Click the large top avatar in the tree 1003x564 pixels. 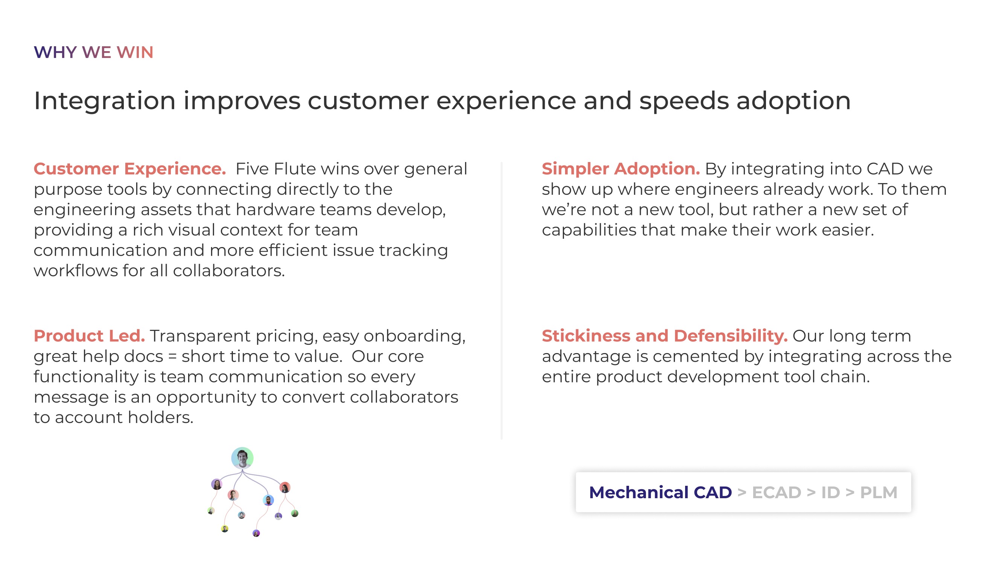click(x=242, y=458)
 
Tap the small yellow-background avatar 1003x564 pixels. click(x=225, y=528)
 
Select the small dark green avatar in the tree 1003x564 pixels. click(x=295, y=513)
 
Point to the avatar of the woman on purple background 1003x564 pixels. click(x=217, y=484)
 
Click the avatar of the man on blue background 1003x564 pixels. click(x=268, y=500)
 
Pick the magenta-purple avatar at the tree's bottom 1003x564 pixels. click(x=256, y=533)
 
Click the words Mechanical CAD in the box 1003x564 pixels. click(x=660, y=493)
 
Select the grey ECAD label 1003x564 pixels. click(x=777, y=493)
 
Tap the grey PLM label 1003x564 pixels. click(x=878, y=493)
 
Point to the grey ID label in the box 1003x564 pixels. click(x=831, y=493)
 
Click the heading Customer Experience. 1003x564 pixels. click(x=130, y=169)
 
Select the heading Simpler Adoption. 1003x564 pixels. click(x=621, y=169)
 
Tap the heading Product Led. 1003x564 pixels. click(x=89, y=335)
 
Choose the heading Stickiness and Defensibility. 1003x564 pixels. click(x=665, y=335)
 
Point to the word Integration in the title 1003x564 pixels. click(x=105, y=101)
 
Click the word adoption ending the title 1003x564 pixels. click(x=793, y=101)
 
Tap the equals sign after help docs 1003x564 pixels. click(x=172, y=356)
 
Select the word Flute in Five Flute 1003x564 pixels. click(x=295, y=169)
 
